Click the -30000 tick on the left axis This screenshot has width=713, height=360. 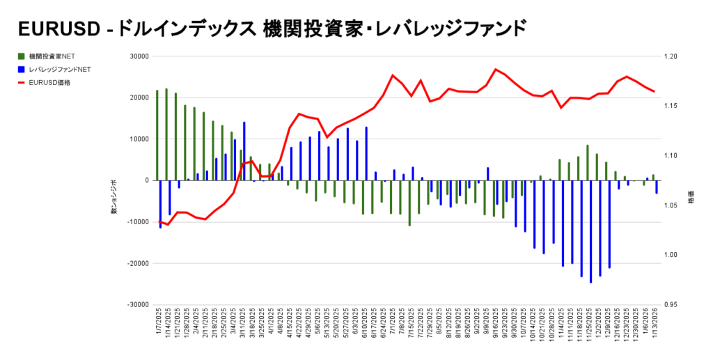138,305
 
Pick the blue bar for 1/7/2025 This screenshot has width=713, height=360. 160,204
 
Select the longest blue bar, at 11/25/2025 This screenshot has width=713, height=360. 590,231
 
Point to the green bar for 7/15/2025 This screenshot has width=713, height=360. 409,203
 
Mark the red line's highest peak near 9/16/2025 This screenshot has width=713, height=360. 496,69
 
